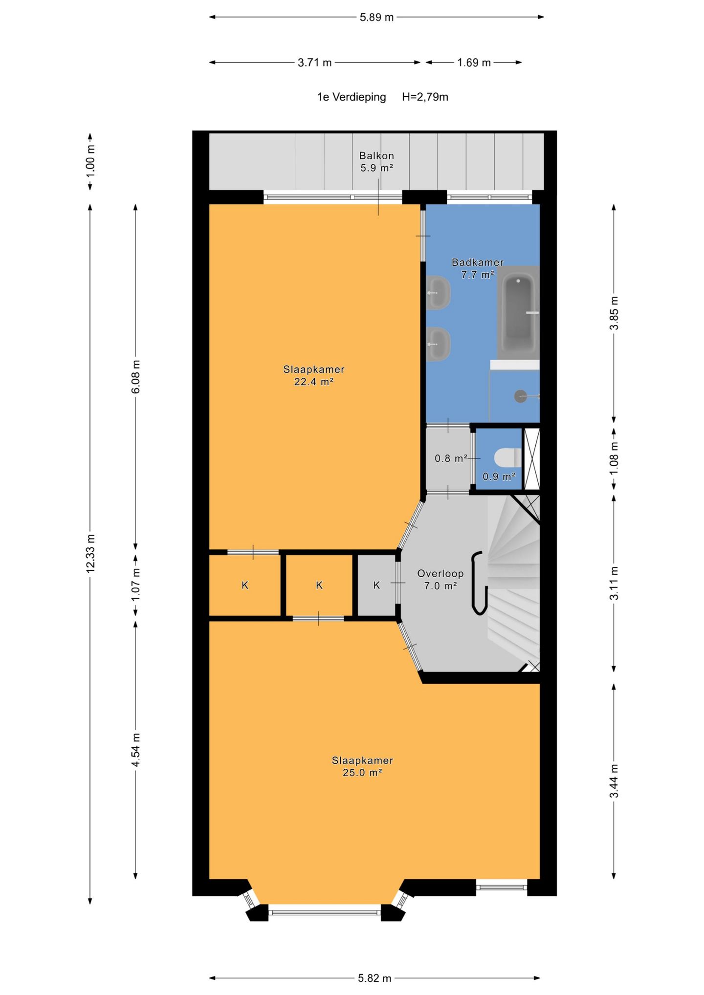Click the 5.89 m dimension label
[376, 17]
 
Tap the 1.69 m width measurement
[474, 63]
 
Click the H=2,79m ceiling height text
[425, 97]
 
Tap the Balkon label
[376, 155]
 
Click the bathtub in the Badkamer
[518, 313]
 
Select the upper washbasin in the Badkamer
[438, 292]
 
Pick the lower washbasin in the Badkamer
[438, 344]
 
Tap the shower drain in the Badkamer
[521, 396]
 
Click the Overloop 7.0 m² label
[440, 580]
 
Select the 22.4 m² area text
[313, 382]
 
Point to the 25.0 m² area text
[362, 773]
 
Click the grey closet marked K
[376, 585]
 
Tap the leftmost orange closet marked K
[245, 585]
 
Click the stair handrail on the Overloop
[479, 583]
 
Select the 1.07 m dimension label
[136, 584]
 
